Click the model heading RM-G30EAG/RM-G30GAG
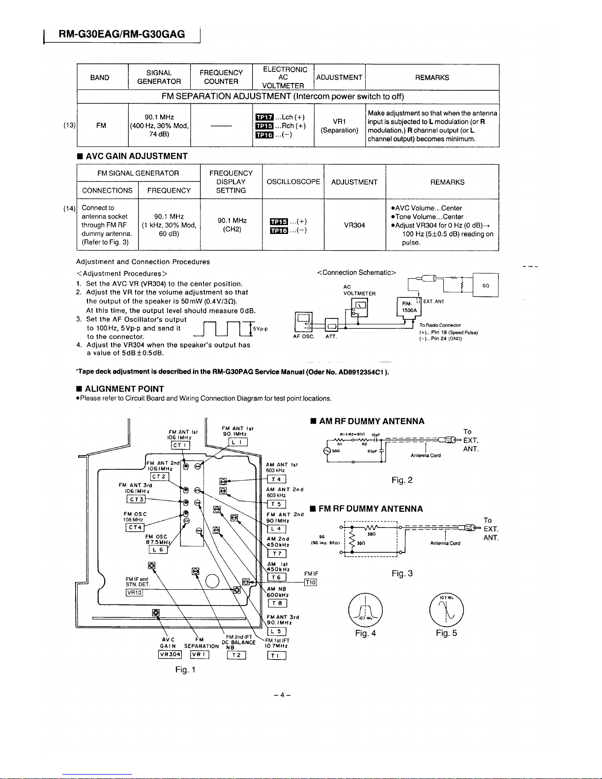(121, 34)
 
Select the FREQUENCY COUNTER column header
(221, 77)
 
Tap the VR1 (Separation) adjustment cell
(340, 126)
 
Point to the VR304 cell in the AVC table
(354, 225)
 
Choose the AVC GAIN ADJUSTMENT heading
(137, 156)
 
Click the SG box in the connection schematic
(485, 286)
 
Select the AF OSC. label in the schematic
(303, 337)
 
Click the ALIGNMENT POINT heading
(124, 389)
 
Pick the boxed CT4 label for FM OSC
(135, 527)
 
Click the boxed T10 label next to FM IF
(311, 582)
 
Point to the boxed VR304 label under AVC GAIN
(170, 654)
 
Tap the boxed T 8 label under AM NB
(277, 604)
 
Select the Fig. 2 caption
(402, 480)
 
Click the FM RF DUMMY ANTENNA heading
(371, 509)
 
